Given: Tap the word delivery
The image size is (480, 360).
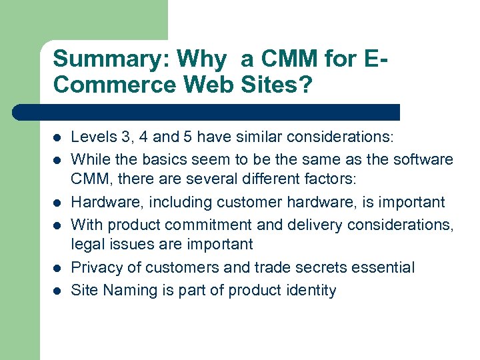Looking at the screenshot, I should tap(313, 225).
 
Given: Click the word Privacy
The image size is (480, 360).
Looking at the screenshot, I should tap(97, 268).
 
